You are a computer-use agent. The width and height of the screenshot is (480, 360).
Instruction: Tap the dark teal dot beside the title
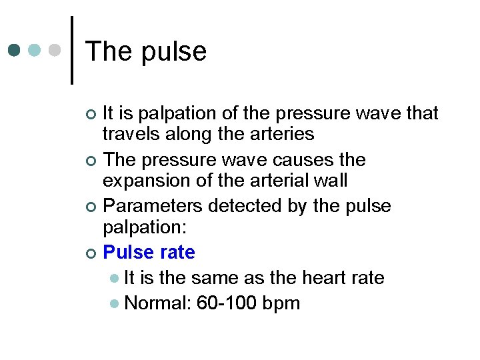coord(15,50)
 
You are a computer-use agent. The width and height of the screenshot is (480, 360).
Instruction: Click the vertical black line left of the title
coord(72,50)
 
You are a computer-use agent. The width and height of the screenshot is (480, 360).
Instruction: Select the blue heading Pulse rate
coord(149,253)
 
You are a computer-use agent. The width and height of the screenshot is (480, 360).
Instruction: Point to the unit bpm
coord(281,304)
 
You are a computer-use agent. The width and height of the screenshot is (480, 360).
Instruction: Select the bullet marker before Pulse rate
coord(91,253)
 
